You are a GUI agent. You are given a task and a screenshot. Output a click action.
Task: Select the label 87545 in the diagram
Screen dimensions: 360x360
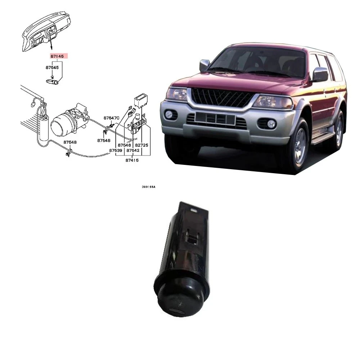click(52, 67)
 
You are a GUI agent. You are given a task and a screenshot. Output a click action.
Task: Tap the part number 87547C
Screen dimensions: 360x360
click(111, 118)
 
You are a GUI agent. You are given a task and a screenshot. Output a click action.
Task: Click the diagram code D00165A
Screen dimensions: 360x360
click(148, 187)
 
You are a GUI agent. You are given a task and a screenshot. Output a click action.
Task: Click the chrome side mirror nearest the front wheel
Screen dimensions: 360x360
click(320, 75)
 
